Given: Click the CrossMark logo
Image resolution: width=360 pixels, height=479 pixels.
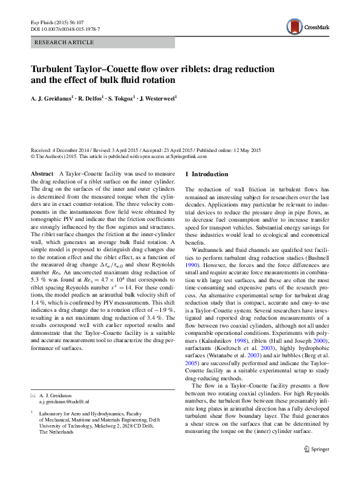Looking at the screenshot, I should pos(308,26).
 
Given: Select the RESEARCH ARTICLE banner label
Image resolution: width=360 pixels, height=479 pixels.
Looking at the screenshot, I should pos(65,42).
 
